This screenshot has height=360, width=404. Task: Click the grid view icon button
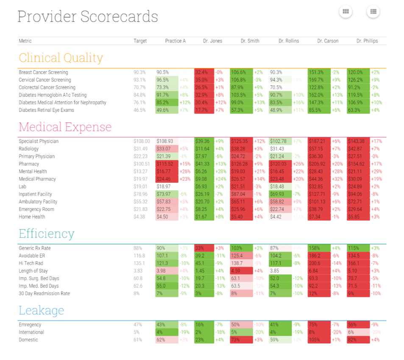[x=345, y=11]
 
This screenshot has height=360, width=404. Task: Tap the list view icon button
[x=373, y=11]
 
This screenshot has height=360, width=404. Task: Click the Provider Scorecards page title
[x=88, y=17]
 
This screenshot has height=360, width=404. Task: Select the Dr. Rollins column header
[x=289, y=41]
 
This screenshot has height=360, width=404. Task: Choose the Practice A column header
[x=175, y=41]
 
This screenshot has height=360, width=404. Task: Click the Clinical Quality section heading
[x=61, y=58]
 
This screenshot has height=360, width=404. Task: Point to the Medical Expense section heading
[x=65, y=127]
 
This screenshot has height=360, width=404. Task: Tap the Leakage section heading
[x=41, y=310]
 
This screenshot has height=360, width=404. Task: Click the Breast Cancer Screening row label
[x=43, y=73]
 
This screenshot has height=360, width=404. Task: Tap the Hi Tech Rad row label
[x=31, y=263]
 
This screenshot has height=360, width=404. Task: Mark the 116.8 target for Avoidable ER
[x=139, y=256]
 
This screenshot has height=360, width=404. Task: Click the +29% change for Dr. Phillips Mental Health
[x=376, y=172]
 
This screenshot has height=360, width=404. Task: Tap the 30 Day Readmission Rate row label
[x=44, y=293]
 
